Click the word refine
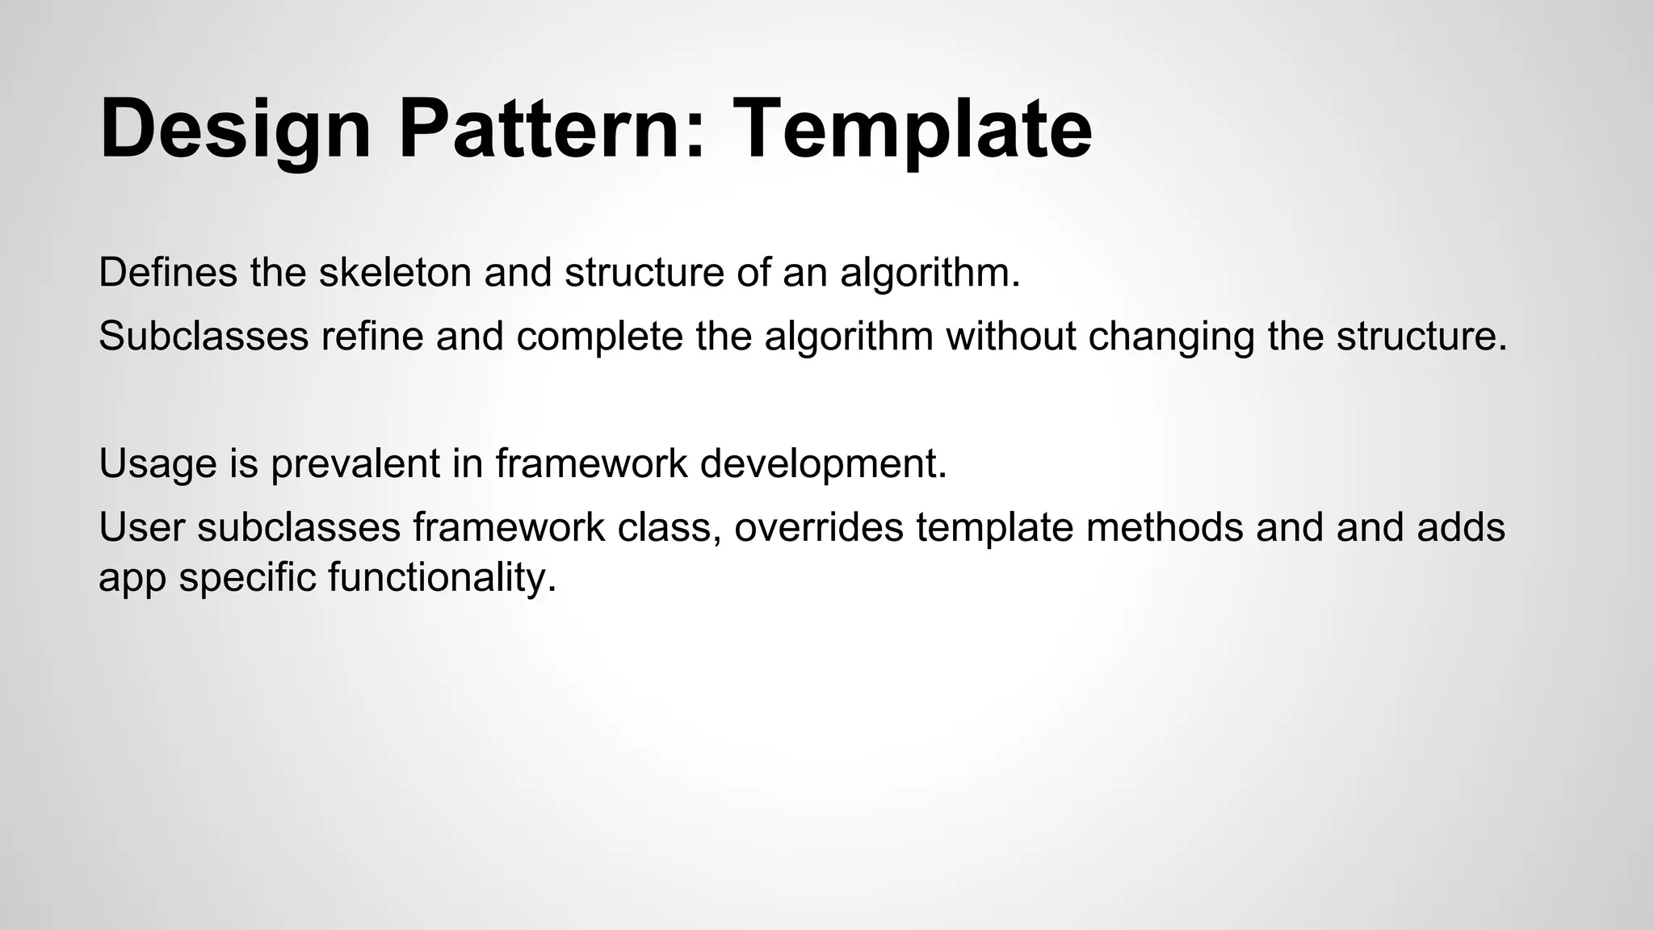click(x=372, y=337)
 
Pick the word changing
click(x=1172, y=337)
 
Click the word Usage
click(x=158, y=463)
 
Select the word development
click(x=822, y=463)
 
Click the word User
click(x=141, y=527)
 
